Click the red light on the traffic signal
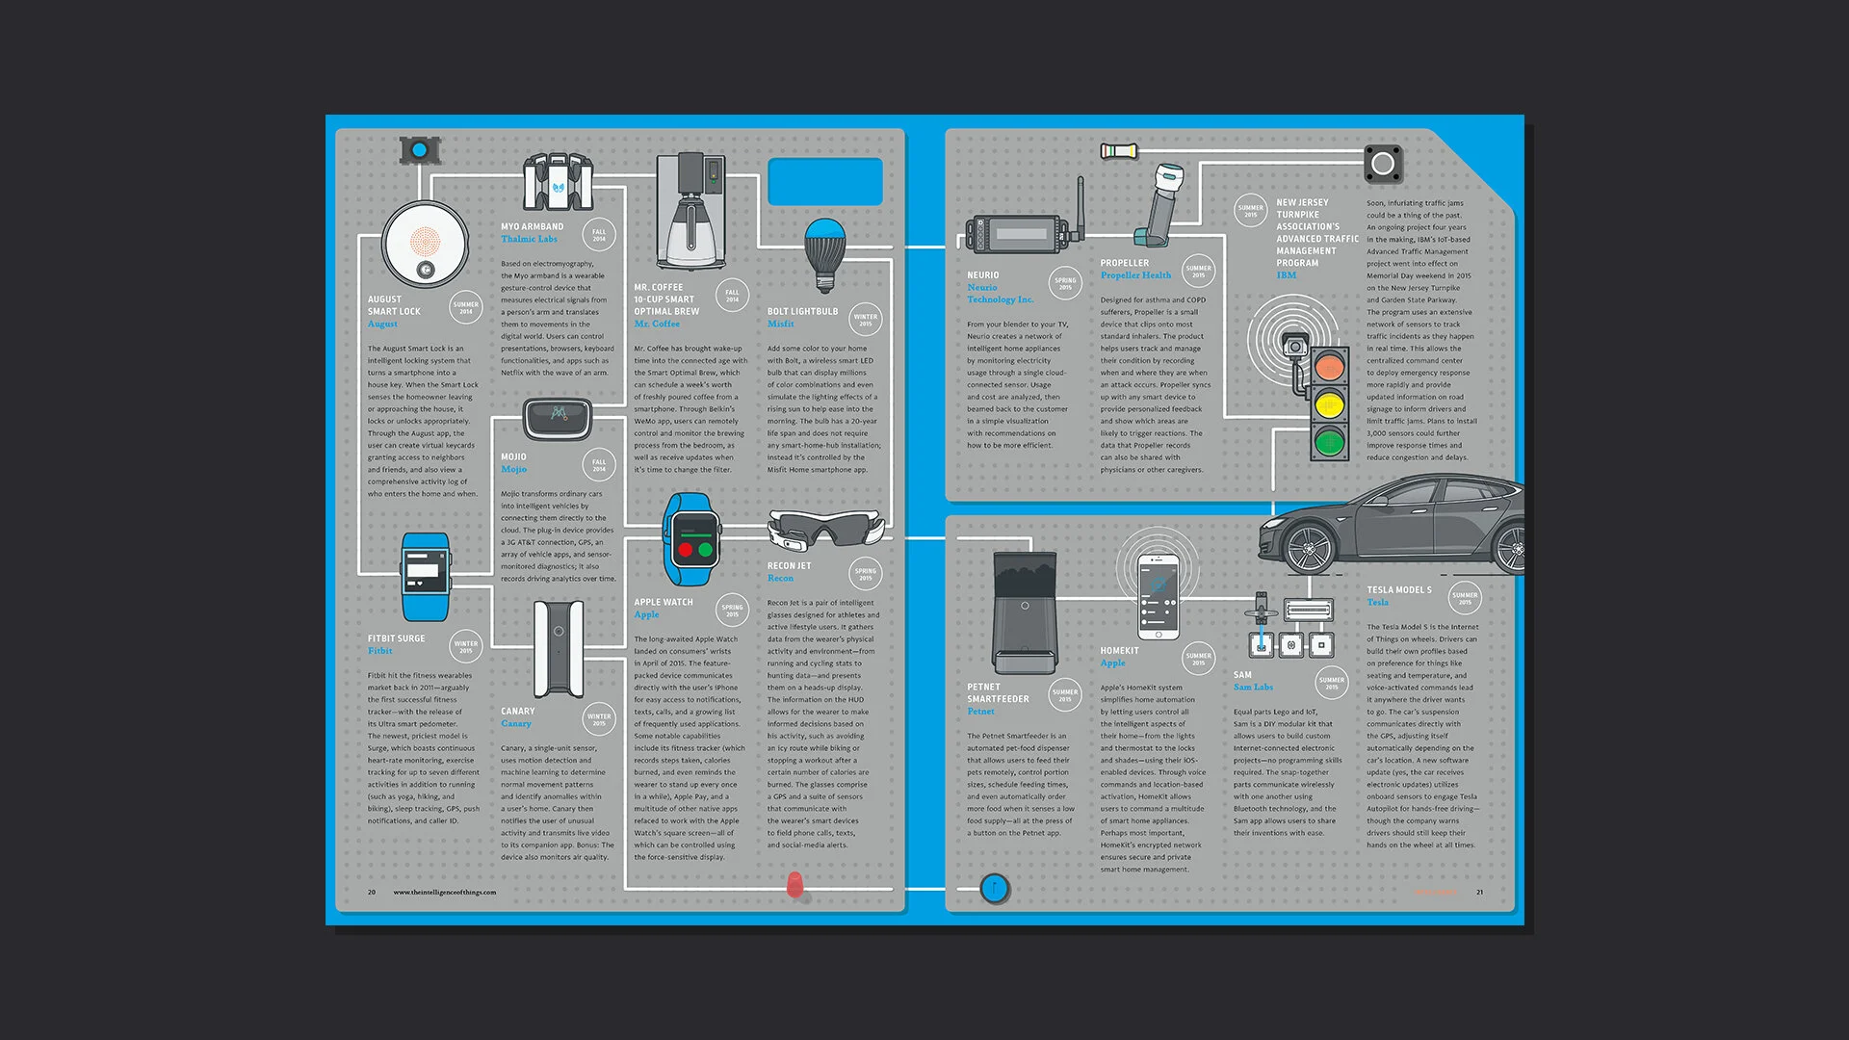pyautogui.click(x=1329, y=367)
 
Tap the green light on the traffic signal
pyautogui.click(x=1329, y=443)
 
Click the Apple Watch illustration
pyautogui.click(x=691, y=539)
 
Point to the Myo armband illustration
pyautogui.click(x=558, y=182)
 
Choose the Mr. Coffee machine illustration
pyautogui.click(x=690, y=212)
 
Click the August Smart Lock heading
pyautogui.click(x=393, y=305)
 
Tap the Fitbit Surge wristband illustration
pyautogui.click(x=425, y=576)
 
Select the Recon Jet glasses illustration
pyautogui.click(x=825, y=529)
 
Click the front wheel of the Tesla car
pyautogui.click(x=1308, y=547)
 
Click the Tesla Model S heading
pyautogui.click(x=1398, y=590)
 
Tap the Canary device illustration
pyautogui.click(x=559, y=649)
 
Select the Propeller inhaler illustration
pyautogui.click(x=1163, y=204)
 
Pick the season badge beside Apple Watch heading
pyautogui.click(x=732, y=611)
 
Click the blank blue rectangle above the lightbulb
pyautogui.click(x=825, y=181)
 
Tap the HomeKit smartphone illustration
pyautogui.click(x=1158, y=596)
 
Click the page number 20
pyautogui.click(x=372, y=893)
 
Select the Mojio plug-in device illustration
pyautogui.click(x=558, y=418)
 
